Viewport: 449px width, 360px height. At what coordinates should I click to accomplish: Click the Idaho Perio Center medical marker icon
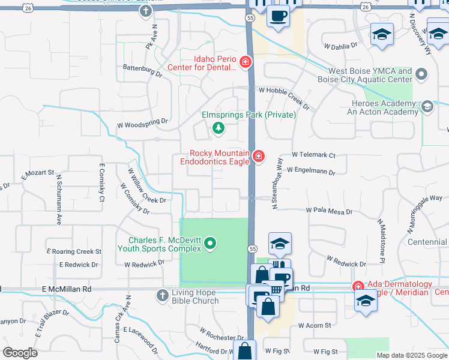coord(245,62)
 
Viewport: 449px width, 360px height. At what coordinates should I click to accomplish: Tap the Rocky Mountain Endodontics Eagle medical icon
coord(258,157)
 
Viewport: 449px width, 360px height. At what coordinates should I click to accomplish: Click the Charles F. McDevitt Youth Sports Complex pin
coord(209,244)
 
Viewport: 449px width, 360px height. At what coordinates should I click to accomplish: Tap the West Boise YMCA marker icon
coord(422,75)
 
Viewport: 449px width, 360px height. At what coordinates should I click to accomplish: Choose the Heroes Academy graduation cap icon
coord(427,107)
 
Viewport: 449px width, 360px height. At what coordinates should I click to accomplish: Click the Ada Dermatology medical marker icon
coord(358,288)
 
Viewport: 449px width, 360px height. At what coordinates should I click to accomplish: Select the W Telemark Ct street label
coord(313,154)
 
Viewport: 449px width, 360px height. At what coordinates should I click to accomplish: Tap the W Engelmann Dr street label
coord(310,171)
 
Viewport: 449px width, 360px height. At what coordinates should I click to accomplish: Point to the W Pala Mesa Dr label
coord(328,211)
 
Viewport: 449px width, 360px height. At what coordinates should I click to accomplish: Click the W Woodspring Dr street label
coord(142,125)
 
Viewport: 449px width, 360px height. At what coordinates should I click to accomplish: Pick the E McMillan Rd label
coord(67,289)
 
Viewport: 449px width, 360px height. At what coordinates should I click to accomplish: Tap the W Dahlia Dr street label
coord(340,45)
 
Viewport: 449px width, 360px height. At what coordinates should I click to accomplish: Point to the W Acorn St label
coord(315,325)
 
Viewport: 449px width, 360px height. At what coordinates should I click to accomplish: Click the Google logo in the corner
coord(20,353)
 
